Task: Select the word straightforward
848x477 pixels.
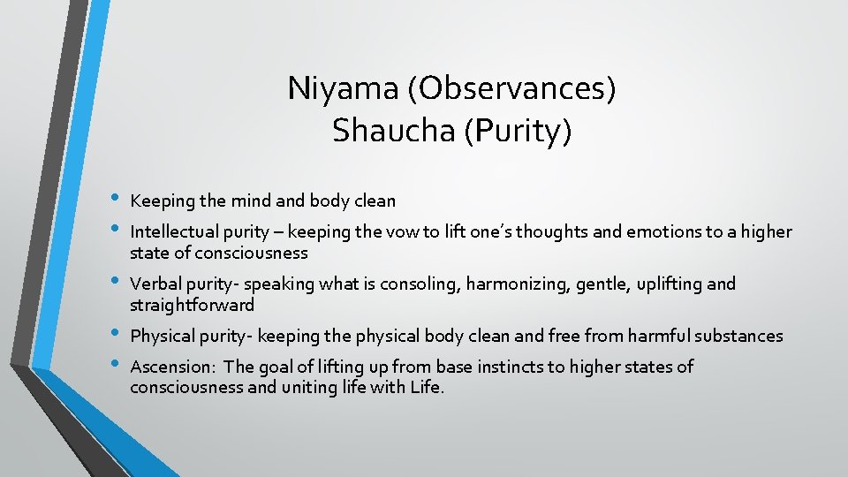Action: point(192,306)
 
